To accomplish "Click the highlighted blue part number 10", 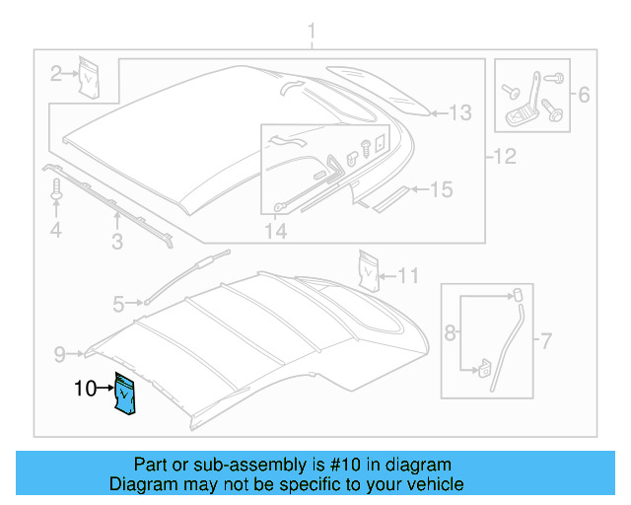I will coord(125,396).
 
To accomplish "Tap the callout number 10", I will coord(85,390).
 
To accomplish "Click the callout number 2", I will coord(56,71).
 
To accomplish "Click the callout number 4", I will coord(56,231).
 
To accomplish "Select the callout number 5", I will coord(118,305).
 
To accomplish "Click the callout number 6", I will coord(583,96).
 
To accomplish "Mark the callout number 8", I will coord(450,333).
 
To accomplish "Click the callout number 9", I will coord(58,352).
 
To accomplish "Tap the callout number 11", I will coord(408,275).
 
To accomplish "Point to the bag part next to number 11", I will coord(370,271).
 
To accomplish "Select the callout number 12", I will coord(504,156).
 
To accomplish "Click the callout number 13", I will coord(461,112).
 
